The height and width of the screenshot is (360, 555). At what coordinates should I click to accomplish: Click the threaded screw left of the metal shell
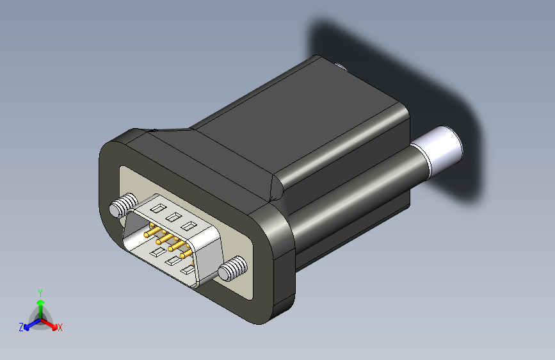(122, 206)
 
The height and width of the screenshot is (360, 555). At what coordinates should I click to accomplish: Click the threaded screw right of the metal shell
(232, 268)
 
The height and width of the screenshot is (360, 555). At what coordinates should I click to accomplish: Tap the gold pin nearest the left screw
(150, 234)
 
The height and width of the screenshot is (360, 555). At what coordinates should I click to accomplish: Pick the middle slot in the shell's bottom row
(173, 261)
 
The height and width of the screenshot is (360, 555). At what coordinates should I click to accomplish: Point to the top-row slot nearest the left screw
(157, 208)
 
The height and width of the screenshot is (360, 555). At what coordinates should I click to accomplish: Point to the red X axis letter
(60, 328)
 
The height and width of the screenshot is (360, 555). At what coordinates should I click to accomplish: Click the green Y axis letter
(40, 292)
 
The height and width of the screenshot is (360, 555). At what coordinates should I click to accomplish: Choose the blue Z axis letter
(20, 327)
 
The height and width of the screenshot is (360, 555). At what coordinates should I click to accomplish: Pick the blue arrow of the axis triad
(29, 325)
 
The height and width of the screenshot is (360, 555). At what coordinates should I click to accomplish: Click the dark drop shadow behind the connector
(448, 96)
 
